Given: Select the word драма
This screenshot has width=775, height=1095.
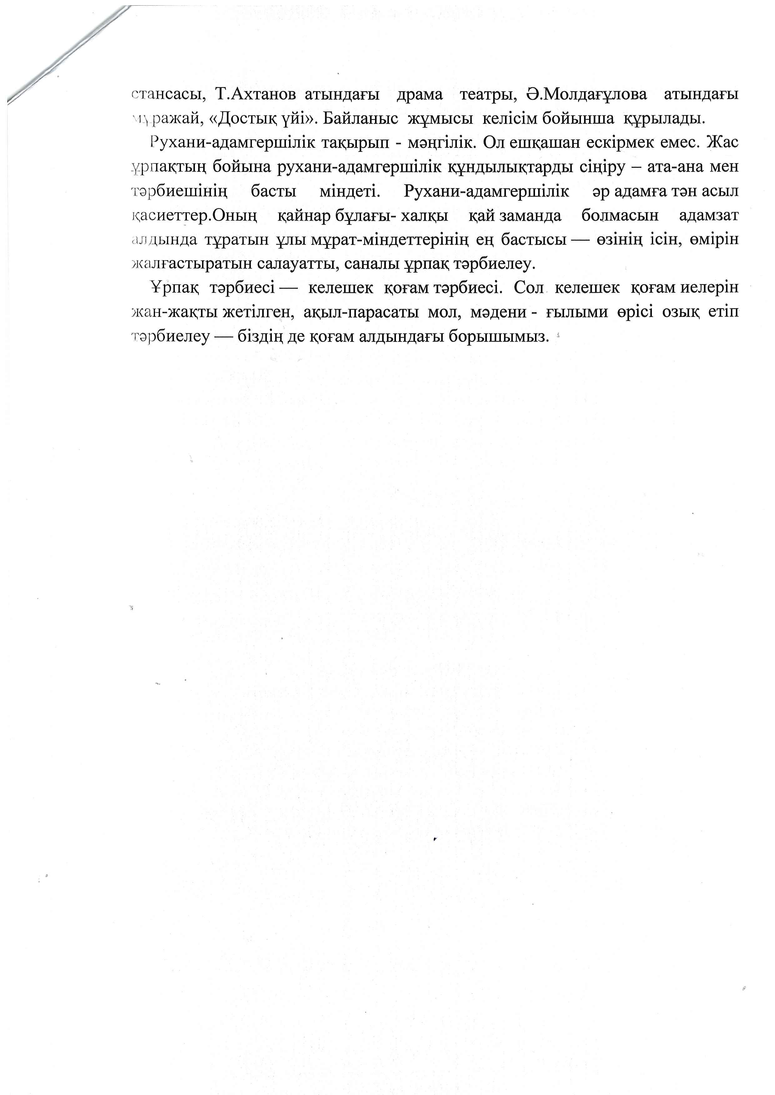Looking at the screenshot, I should coord(419,94).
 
